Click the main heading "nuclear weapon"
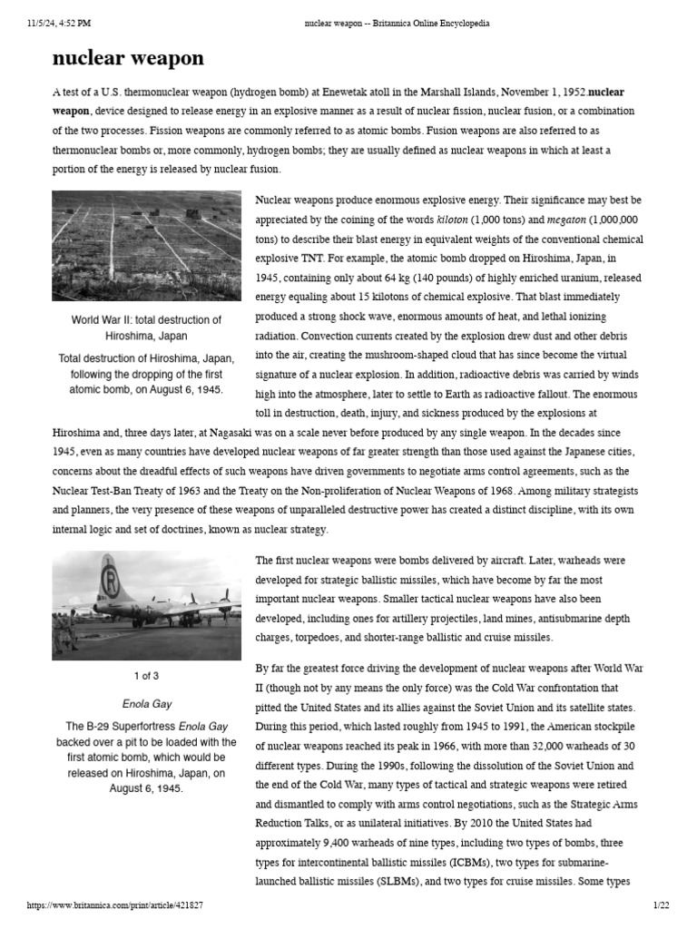(128, 59)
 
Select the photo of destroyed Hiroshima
(147, 246)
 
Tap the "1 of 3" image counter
(147, 676)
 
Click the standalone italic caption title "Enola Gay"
(147, 703)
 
